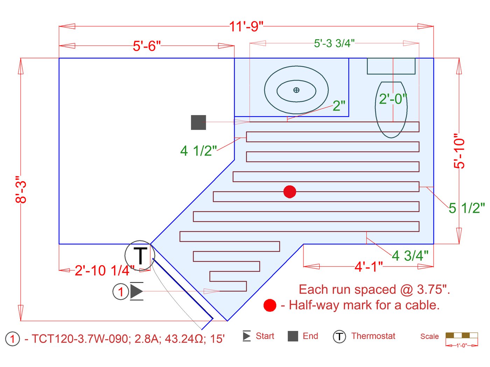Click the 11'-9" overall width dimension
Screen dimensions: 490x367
tap(246, 26)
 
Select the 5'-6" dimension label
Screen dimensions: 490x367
tap(147, 46)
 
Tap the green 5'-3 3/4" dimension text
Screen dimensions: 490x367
tap(334, 43)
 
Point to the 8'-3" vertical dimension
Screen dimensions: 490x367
tap(21, 189)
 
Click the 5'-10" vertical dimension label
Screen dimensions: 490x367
tap(459, 151)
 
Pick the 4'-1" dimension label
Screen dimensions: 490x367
tap(369, 266)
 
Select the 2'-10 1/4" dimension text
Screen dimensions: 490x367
tap(105, 270)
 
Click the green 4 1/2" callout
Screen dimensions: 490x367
tap(198, 151)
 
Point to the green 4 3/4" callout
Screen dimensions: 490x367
tap(410, 256)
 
